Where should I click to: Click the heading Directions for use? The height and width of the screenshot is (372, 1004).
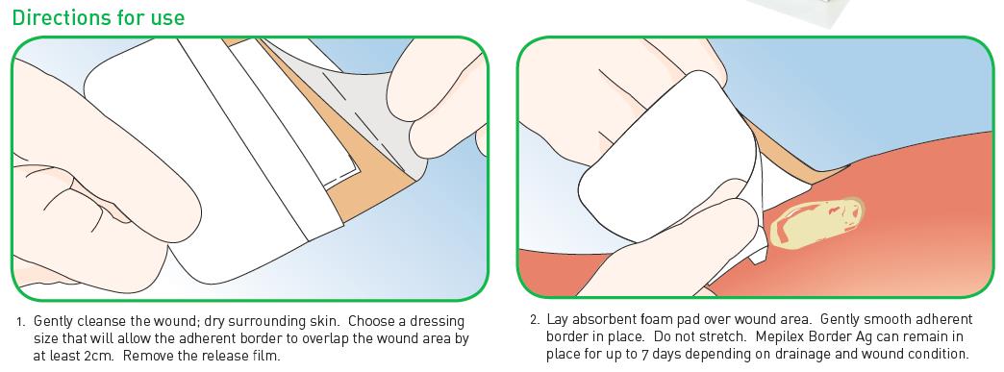[x=98, y=17]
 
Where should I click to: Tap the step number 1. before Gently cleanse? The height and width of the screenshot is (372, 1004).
[x=20, y=320]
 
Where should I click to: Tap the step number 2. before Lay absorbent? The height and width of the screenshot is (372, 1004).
[x=536, y=320]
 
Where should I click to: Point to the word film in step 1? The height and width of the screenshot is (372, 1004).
[x=266, y=355]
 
